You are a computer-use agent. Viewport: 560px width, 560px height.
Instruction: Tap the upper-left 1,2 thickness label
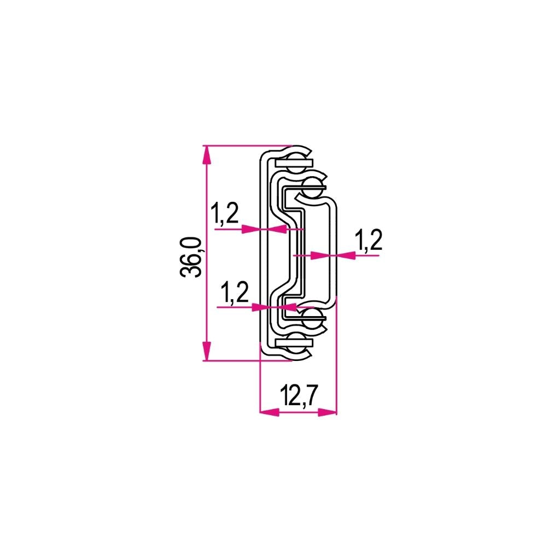(x=225, y=214)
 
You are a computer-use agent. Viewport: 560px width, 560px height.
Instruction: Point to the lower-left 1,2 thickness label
(x=235, y=293)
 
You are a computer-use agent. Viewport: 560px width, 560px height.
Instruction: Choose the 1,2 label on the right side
(x=368, y=240)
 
